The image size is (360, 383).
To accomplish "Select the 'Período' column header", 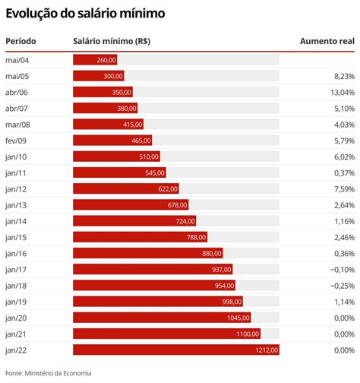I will [x=21, y=40].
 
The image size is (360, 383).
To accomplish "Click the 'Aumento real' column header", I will [x=327, y=40].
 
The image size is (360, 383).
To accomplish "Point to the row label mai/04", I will [x=17, y=59].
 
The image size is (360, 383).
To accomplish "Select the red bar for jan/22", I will [x=176, y=350].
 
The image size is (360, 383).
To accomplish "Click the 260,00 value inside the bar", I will [x=106, y=59].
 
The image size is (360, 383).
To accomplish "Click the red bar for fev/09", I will [x=112, y=141].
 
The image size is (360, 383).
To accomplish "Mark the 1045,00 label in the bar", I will [x=238, y=318].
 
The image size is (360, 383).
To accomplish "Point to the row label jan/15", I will [x=16, y=237].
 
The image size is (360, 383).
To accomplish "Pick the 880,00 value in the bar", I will [x=212, y=253].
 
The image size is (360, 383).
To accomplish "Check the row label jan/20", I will [x=16, y=318].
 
